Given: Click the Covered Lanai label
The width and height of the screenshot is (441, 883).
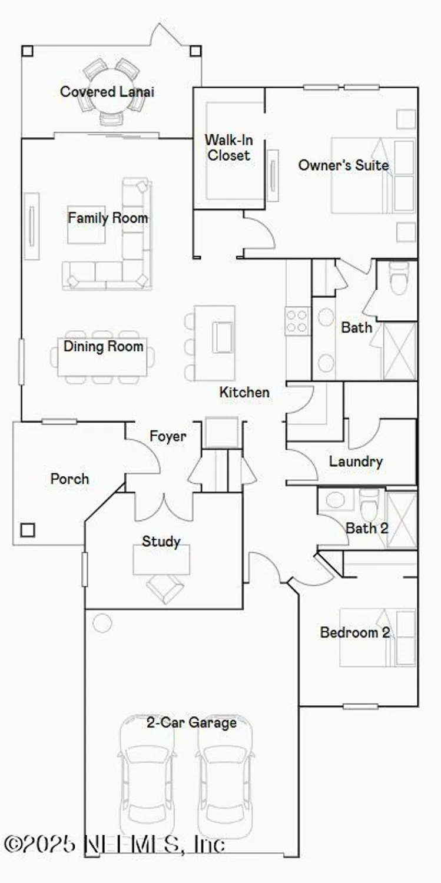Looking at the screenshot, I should click(x=107, y=92).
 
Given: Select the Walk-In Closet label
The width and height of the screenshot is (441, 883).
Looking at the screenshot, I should click(x=228, y=148).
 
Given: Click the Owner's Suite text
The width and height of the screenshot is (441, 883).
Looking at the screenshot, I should click(x=343, y=165).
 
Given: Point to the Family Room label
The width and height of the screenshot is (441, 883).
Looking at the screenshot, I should click(x=108, y=218).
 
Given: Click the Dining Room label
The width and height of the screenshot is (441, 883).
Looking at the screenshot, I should click(x=104, y=346).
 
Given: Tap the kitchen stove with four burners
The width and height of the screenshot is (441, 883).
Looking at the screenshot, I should click(x=297, y=321).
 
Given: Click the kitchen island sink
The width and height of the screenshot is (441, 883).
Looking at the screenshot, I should click(x=223, y=337).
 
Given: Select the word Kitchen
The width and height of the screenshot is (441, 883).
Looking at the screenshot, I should click(x=244, y=392).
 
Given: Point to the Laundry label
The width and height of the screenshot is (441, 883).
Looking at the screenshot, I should click(x=356, y=462).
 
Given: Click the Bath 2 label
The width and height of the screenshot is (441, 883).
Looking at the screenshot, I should click(x=367, y=528).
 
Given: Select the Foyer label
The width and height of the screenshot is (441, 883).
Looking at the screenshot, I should click(x=168, y=436).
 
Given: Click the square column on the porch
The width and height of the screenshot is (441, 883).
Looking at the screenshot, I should click(x=27, y=530).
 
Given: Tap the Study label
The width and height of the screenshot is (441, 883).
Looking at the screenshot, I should click(x=161, y=541).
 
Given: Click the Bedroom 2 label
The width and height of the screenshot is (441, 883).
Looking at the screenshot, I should click(x=354, y=633).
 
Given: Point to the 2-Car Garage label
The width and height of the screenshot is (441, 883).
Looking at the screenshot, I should click(x=192, y=722).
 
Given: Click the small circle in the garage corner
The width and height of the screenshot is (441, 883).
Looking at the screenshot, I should click(x=102, y=623).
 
